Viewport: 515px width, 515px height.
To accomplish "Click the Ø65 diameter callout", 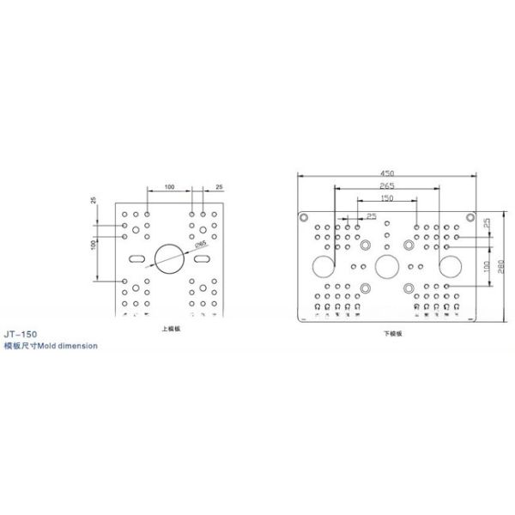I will [199, 246].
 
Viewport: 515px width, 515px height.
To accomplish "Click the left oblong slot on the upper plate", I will [135, 257].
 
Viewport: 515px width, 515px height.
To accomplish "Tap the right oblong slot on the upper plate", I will [204, 257].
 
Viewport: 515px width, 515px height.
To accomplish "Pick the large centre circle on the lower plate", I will [386, 266].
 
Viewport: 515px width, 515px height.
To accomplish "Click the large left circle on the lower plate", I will [324, 266].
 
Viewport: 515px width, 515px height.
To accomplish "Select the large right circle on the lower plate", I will [449, 266].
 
